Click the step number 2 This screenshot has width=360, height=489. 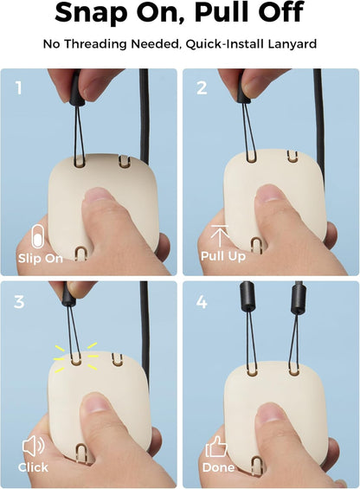click(202, 87)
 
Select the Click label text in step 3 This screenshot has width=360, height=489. click(33, 467)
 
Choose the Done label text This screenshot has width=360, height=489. click(217, 467)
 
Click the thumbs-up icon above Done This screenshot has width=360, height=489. click(215, 446)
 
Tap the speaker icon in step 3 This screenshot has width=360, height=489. click(32, 447)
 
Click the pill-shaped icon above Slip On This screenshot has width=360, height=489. click(35, 236)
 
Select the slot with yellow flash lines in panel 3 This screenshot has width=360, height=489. click(76, 357)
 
